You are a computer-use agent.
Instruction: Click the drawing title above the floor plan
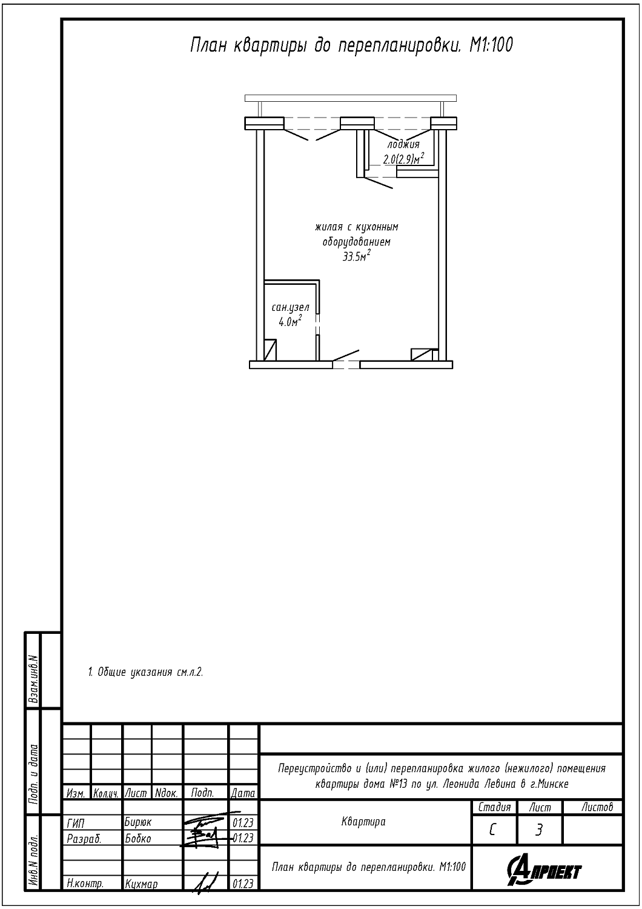pos(352,45)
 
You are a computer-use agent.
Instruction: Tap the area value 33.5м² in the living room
pos(357,256)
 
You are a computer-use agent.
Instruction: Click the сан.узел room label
pos(290,308)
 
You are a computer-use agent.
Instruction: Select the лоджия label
pos(403,144)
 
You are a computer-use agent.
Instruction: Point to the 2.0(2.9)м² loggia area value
pos(403,159)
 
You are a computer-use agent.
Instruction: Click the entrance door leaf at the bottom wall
pos(346,355)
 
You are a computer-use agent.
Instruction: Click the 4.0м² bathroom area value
pos(290,322)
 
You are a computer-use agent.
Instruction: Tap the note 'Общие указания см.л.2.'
pos(145,672)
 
